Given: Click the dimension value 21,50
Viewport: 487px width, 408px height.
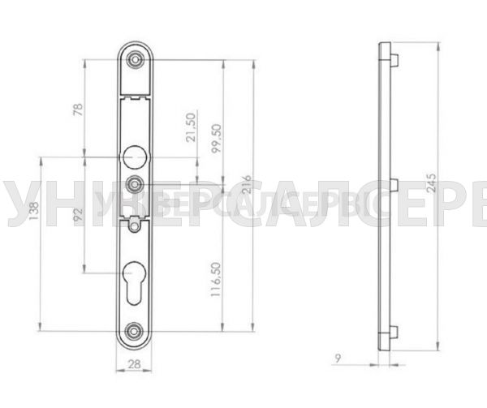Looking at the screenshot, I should (191, 127).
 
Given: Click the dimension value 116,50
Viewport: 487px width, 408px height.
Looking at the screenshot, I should (216, 279).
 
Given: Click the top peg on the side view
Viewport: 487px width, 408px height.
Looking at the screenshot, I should (394, 58).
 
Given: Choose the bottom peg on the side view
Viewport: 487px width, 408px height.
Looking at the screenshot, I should (394, 330).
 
